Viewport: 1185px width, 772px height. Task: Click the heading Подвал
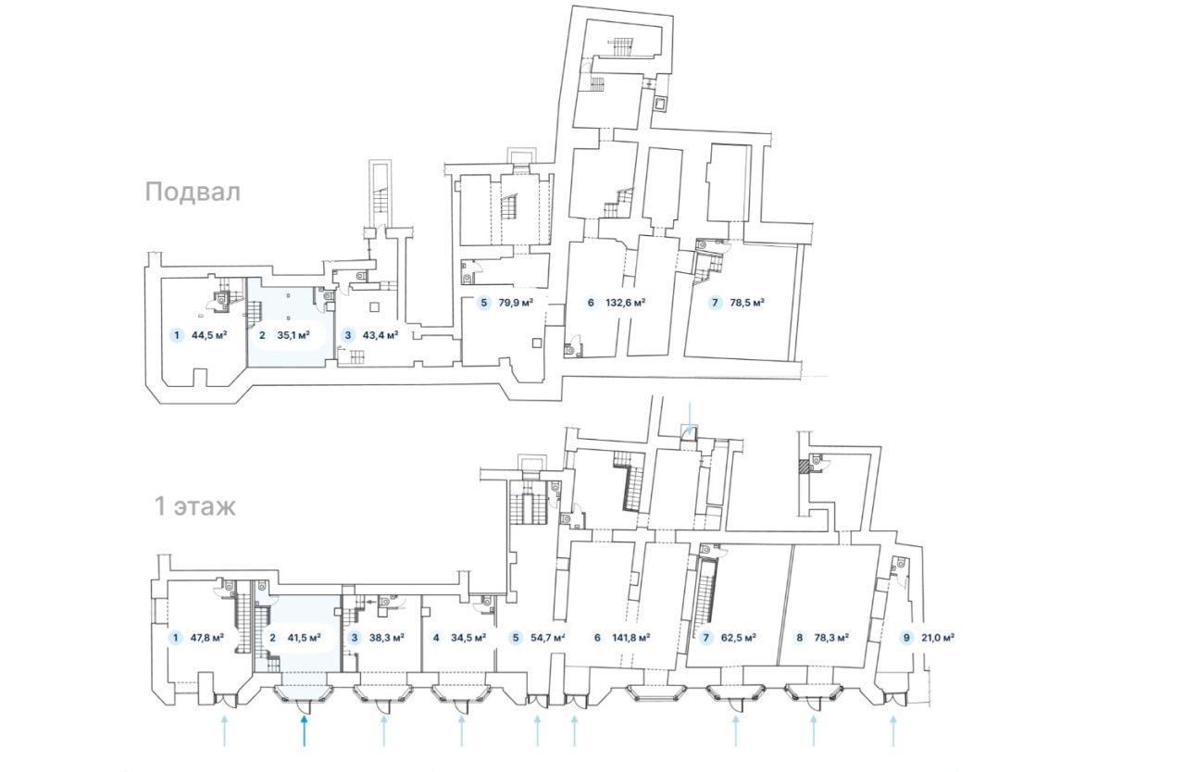click(x=193, y=193)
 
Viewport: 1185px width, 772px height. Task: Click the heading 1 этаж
click(x=194, y=506)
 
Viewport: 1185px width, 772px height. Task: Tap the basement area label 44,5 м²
click(x=209, y=335)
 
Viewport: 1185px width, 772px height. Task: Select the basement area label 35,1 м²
click(x=293, y=335)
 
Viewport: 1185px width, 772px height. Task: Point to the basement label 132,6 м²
click(x=625, y=303)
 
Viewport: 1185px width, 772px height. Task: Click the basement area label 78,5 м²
click(x=747, y=303)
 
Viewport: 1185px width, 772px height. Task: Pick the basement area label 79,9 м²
click(x=516, y=303)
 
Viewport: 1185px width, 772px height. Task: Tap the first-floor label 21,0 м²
click(x=938, y=637)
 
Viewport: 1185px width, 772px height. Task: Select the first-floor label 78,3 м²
click(x=831, y=637)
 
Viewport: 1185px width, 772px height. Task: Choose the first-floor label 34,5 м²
click(x=468, y=637)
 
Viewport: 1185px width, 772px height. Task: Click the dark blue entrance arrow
click(x=305, y=730)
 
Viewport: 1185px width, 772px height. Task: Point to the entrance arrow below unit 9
click(x=893, y=730)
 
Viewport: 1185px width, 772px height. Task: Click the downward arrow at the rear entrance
click(x=690, y=418)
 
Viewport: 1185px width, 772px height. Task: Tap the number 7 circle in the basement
click(x=716, y=303)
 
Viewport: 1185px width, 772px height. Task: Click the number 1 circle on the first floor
click(x=176, y=637)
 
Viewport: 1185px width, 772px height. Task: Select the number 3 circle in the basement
click(x=347, y=335)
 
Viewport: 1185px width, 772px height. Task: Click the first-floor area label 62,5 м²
click(x=739, y=637)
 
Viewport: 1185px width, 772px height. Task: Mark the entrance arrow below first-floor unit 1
click(x=224, y=730)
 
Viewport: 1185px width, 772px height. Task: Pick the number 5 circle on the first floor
click(x=516, y=637)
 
